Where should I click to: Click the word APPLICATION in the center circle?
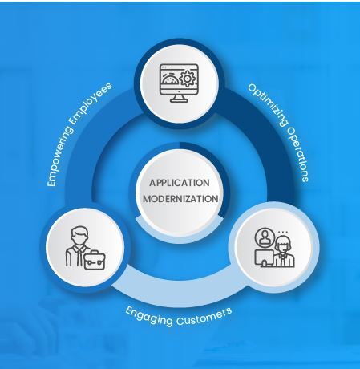point(180,183)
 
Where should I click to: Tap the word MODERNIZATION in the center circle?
point(180,199)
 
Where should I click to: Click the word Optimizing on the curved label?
point(268,104)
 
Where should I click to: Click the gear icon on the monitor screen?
point(188,78)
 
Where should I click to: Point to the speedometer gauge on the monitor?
point(169,79)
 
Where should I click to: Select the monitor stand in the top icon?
point(179,98)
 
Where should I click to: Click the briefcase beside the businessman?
point(95,260)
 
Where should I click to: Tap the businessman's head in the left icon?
point(79,236)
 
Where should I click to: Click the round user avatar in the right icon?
point(265,237)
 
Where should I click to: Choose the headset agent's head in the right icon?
point(283,245)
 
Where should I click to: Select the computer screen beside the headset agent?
point(264,257)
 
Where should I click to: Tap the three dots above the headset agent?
point(283,232)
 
